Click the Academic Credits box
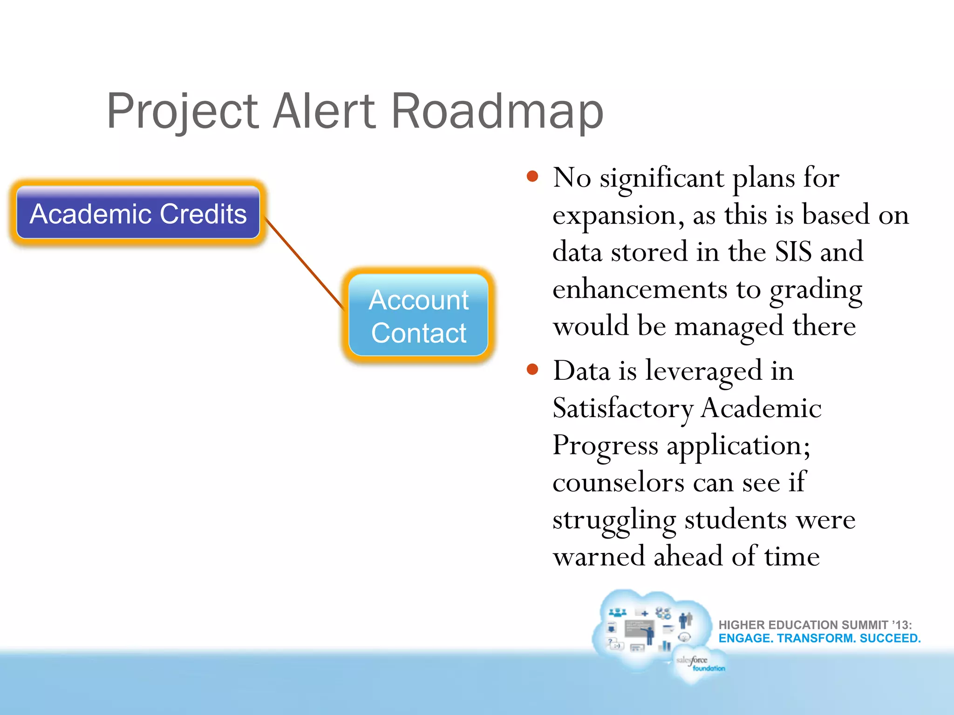(x=138, y=213)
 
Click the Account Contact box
(x=418, y=316)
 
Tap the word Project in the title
(x=182, y=112)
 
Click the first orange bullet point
(x=532, y=177)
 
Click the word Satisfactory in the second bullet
(x=623, y=409)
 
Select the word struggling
(x=614, y=520)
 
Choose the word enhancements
(x=640, y=289)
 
